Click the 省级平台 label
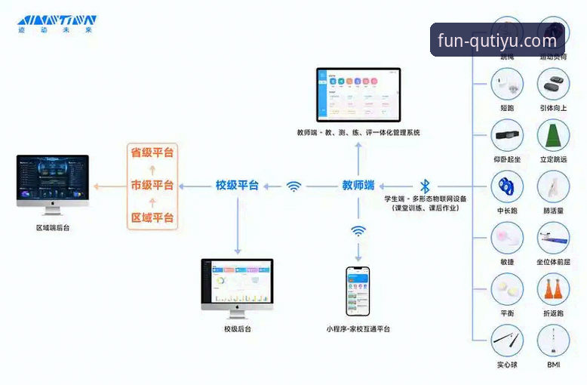coord(152,152)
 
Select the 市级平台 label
coord(152,186)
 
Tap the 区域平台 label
coord(152,219)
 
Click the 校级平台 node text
coord(237,186)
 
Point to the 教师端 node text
coord(358,186)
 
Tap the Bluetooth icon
coord(425,186)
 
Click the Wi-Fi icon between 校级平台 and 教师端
coord(293,186)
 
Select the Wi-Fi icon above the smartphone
coord(358,231)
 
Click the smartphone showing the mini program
coord(358,291)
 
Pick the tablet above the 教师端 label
coord(358,96)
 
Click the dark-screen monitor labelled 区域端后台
coord(53,182)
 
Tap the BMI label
coord(553,365)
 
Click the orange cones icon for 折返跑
coord(553,289)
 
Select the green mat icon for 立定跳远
coord(553,135)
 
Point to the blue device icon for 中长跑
coord(506,186)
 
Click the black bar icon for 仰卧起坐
coord(506,136)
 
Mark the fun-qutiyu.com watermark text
coord(496,41)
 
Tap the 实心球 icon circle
coord(506,340)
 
